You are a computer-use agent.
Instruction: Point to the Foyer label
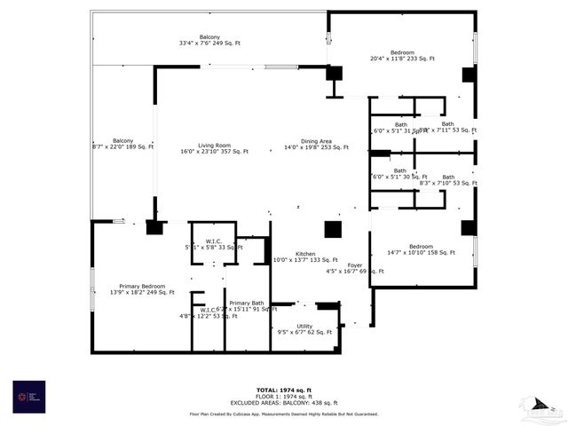(355, 264)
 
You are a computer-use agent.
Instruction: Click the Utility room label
(304, 327)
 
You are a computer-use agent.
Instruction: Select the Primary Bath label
(245, 304)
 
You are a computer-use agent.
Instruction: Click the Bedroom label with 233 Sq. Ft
(403, 52)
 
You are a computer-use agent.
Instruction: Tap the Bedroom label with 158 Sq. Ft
(421, 247)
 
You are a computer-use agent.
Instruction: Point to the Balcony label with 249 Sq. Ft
(209, 36)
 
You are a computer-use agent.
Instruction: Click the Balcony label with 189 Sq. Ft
(123, 140)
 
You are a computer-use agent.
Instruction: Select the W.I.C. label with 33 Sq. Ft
(214, 241)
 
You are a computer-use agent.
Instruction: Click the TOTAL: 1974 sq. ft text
(284, 390)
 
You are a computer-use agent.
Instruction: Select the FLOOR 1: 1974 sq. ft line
(284, 396)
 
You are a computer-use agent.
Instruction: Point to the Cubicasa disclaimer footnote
(284, 414)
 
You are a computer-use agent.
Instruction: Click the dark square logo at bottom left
(28, 395)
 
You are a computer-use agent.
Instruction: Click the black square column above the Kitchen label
(333, 229)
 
